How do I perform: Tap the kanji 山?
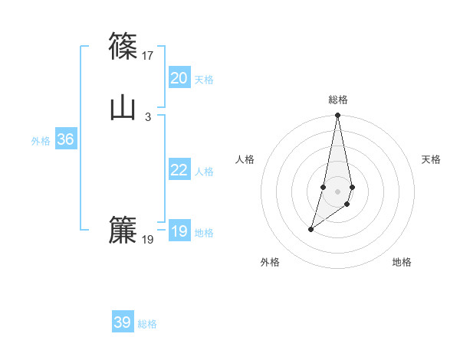[123, 107]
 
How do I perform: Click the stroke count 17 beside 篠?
[148, 55]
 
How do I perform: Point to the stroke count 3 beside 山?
[148, 116]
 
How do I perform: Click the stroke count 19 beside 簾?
[148, 240]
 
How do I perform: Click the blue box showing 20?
[179, 78]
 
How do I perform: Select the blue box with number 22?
[179, 170]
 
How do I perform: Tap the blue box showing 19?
[179, 231]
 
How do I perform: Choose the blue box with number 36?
[65, 139]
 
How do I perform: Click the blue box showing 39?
[123, 322]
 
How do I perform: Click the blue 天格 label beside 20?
[204, 80]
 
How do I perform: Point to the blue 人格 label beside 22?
[204, 172]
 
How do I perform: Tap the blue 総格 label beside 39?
[147, 324]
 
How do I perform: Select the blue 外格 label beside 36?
[41, 141]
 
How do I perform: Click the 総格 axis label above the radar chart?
[338, 100]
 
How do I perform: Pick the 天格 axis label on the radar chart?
[432, 159]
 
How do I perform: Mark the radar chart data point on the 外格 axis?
[310, 229]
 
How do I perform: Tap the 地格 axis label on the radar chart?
[402, 262]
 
